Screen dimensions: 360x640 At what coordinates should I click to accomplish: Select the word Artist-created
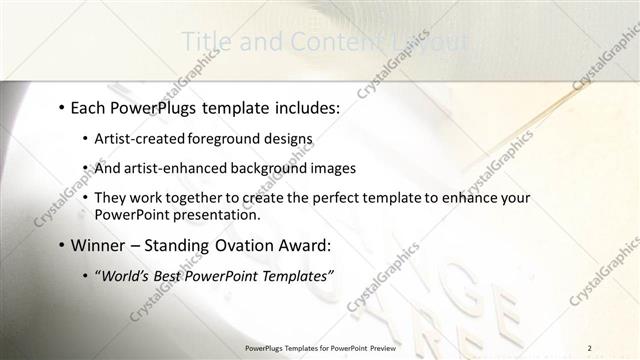tap(135, 138)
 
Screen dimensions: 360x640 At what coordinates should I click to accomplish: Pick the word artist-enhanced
tap(165, 168)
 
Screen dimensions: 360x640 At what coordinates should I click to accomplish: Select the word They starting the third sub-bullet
tap(110, 198)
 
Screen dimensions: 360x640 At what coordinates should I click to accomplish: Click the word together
tap(197, 198)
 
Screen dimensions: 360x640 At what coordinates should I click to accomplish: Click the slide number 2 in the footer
tap(590, 348)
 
